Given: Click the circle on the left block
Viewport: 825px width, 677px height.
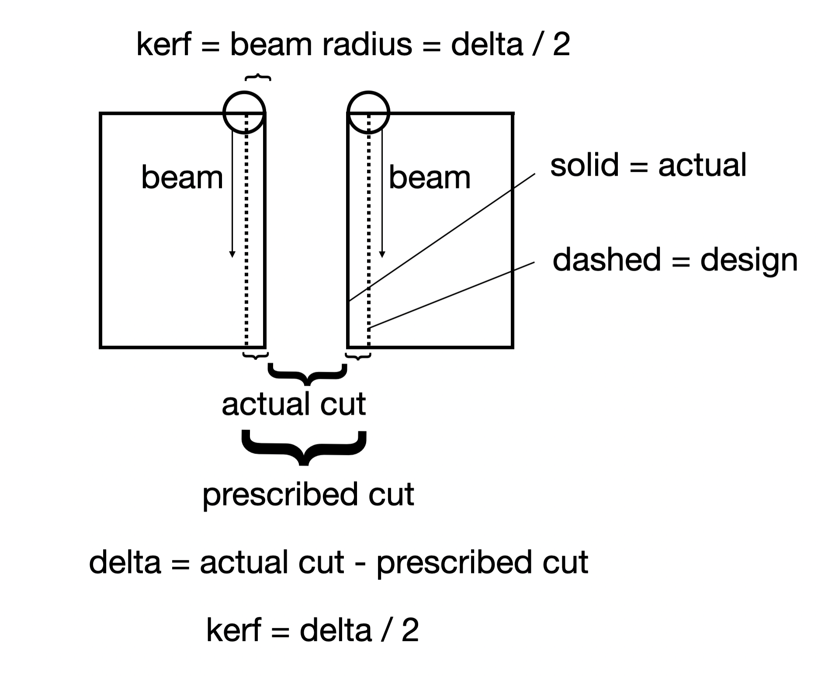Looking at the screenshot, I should [x=244, y=112].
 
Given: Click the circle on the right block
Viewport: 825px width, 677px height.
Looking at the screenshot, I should [x=368, y=112].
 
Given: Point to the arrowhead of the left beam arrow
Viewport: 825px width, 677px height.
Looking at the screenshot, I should [x=232, y=255].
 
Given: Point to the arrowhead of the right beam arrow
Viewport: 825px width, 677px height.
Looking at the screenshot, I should [x=382, y=255].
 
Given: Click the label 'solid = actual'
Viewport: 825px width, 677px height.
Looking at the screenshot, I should [x=648, y=165].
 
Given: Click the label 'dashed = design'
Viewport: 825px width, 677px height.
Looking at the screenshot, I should [x=675, y=260].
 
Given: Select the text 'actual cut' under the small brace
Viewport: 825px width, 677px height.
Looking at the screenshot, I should [x=294, y=404].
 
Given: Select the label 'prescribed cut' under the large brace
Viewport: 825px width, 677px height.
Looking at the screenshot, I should [x=308, y=494].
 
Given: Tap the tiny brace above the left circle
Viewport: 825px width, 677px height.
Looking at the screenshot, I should [x=258, y=79].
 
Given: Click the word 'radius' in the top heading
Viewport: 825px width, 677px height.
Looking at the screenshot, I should [x=367, y=45].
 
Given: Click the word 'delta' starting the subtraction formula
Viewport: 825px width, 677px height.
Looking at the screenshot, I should [x=125, y=562].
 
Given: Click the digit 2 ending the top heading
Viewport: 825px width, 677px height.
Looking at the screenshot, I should [x=561, y=45].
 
